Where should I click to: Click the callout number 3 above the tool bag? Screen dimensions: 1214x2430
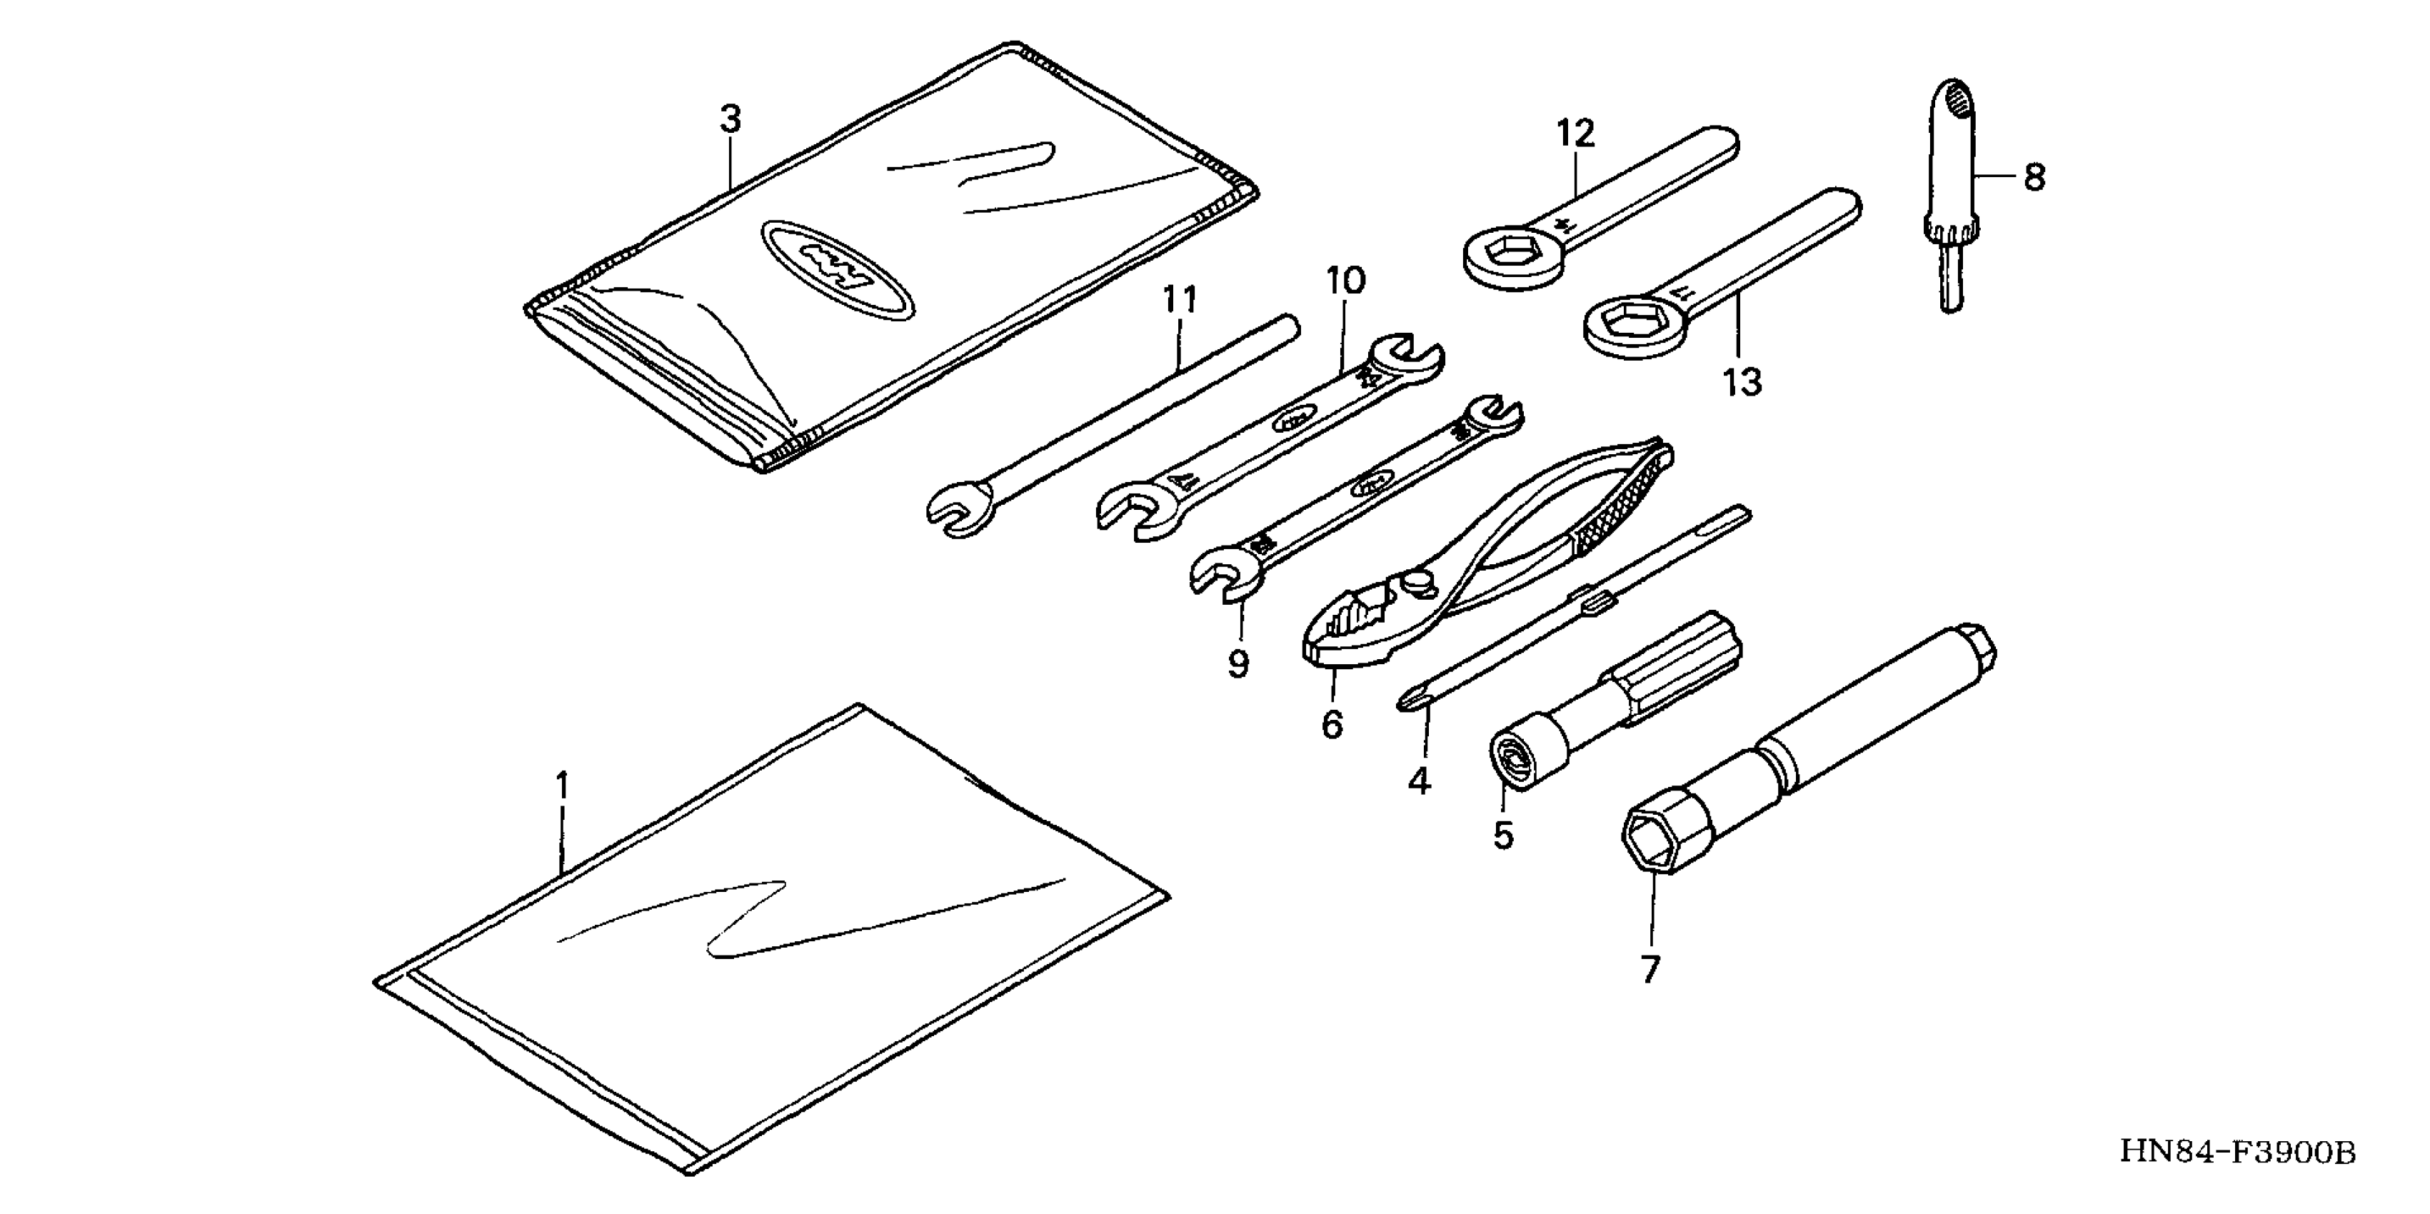click(x=731, y=120)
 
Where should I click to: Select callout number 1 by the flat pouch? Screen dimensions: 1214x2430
click(x=562, y=785)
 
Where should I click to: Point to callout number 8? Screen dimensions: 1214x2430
click(x=2034, y=177)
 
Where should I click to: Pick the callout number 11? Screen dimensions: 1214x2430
click(x=1179, y=300)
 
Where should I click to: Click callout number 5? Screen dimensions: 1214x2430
click(x=1502, y=835)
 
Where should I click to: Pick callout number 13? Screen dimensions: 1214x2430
click(x=1742, y=383)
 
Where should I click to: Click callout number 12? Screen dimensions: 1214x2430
click(x=1575, y=134)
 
